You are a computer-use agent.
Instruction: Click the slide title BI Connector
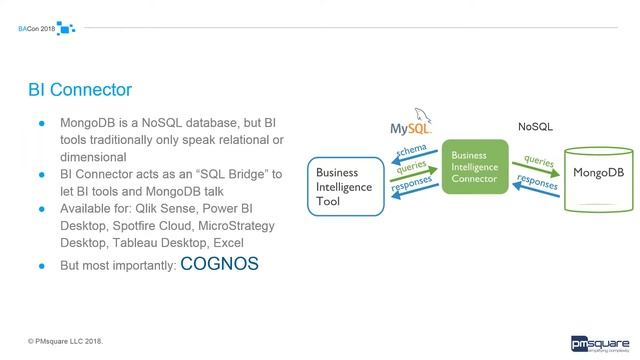[x=79, y=91]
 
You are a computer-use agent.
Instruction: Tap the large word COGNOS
[x=219, y=264]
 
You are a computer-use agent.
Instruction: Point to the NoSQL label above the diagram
[x=535, y=127]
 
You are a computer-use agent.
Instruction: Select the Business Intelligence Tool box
[x=344, y=186]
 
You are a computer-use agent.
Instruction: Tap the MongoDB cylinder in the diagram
[x=597, y=177]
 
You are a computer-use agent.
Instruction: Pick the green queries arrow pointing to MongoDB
[x=537, y=163]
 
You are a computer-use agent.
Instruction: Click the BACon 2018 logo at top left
[x=46, y=28]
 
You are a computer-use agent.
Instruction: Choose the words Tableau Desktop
[x=171, y=241]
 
